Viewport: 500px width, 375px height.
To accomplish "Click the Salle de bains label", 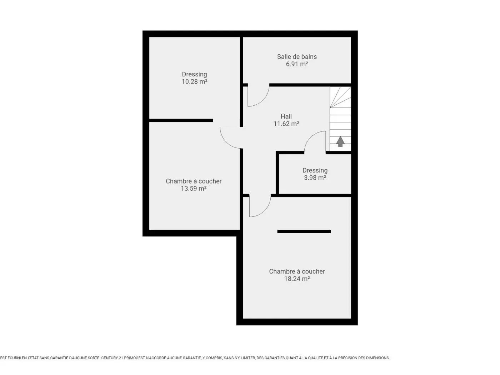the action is (297, 57).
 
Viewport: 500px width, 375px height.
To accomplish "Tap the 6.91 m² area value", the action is (297, 64).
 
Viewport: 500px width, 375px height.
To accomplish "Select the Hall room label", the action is (286, 116).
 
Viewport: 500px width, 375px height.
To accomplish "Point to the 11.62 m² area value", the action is (286, 124).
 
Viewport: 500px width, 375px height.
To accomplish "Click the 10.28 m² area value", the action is (194, 81).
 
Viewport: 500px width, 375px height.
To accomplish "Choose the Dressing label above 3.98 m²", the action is (315, 171).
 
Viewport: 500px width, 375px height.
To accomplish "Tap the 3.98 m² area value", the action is (315, 177).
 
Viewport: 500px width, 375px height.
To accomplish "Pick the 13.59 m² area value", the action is (194, 189).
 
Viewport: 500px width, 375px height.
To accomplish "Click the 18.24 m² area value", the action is (297, 279).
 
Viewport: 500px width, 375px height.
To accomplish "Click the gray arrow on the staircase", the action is (340, 142).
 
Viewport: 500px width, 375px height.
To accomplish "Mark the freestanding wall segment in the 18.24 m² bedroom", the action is (304, 231).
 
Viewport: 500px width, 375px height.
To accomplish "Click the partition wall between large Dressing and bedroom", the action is (181, 120).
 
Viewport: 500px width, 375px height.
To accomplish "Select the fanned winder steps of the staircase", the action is (340, 97).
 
